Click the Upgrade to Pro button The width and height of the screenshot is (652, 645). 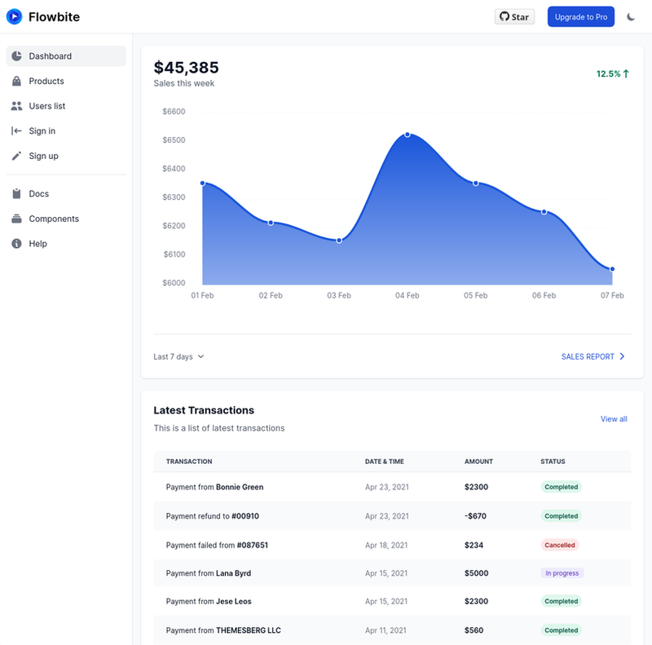580,16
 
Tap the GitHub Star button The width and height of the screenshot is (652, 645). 514,16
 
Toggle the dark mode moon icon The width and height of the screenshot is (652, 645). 631,16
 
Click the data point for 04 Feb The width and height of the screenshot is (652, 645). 407,135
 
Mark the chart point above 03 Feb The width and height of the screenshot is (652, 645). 339,241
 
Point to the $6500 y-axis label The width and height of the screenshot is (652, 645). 174,139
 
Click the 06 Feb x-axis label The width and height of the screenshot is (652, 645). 544,295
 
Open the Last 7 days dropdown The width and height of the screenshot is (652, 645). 178,356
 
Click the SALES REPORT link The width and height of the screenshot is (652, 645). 593,356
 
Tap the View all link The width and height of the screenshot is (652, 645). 614,419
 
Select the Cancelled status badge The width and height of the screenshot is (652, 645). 560,546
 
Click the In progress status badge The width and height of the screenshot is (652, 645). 562,573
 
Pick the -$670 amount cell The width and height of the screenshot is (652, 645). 475,516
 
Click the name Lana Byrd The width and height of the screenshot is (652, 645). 233,573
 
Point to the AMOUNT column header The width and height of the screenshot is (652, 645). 478,462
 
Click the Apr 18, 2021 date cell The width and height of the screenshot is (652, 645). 386,546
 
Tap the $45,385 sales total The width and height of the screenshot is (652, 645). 187,68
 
